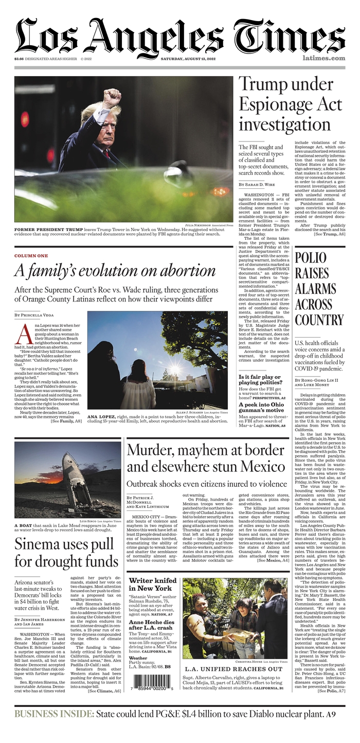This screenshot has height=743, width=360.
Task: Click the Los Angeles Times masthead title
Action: (x=180, y=36)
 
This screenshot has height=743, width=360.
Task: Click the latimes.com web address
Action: (x=323, y=59)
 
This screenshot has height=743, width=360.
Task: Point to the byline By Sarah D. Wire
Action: (x=257, y=184)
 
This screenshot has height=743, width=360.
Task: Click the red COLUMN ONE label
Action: (x=31, y=256)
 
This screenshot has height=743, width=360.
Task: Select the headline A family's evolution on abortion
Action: (x=114, y=271)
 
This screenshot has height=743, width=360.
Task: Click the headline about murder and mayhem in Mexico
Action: (x=206, y=457)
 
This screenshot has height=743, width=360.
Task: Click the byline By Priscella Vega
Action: (x=34, y=314)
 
